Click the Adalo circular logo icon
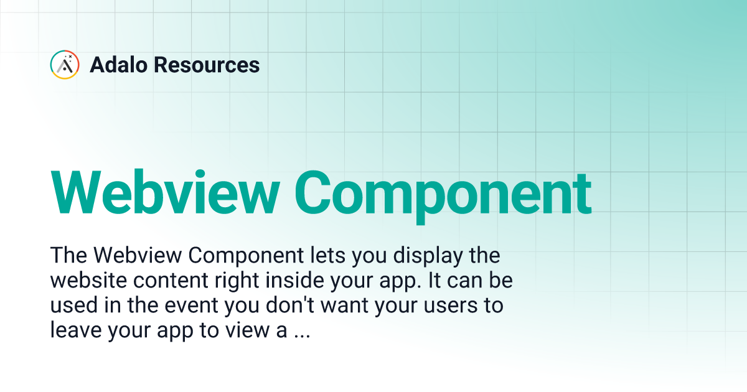pyautogui.click(x=65, y=65)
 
